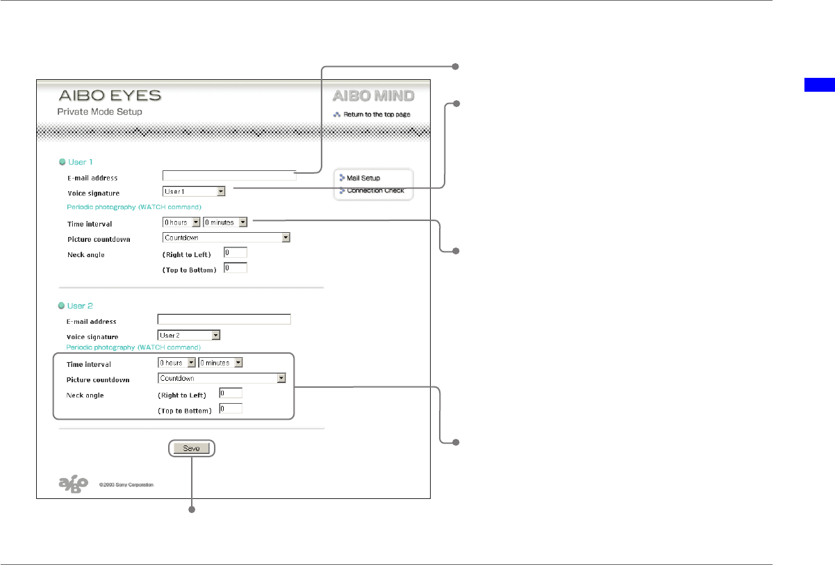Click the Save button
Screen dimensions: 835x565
(x=191, y=449)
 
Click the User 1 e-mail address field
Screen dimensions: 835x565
(x=229, y=176)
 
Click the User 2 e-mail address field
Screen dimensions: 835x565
(x=224, y=320)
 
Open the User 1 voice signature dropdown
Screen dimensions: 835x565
(x=194, y=191)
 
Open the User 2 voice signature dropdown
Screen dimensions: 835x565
(x=188, y=335)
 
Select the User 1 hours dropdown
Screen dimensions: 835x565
(x=181, y=222)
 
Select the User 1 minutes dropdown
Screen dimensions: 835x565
(x=225, y=222)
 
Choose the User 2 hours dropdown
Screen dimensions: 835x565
(x=177, y=363)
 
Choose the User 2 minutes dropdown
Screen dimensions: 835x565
(x=220, y=363)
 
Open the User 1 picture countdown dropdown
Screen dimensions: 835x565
(x=226, y=238)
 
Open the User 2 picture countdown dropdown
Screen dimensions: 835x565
(x=222, y=379)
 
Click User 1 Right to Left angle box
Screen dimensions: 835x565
(x=235, y=253)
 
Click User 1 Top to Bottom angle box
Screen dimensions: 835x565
(x=235, y=268)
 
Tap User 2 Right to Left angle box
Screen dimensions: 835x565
(x=231, y=393)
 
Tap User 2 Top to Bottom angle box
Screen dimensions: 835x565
(x=231, y=409)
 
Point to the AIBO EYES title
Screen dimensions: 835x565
(x=109, y=96)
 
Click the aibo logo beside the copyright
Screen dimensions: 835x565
(x=73, y=484)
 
